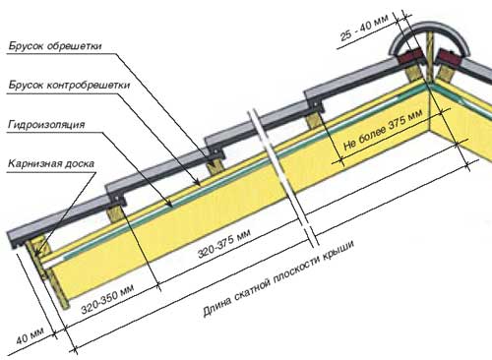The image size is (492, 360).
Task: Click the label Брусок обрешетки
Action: (55, 46)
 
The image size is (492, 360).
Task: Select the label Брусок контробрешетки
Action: (69, 86)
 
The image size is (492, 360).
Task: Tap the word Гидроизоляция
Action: (46, 125)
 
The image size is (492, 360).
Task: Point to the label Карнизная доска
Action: (51, 163)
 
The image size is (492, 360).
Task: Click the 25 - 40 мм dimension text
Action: (364, 28)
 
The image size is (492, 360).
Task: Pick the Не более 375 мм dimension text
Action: (383, 130)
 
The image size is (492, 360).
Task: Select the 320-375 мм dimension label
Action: (224, 243)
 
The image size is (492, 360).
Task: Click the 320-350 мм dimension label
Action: (107, 299)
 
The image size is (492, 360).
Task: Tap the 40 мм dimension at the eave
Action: (30, 335)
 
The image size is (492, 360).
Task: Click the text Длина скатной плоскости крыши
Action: (278, 278)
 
